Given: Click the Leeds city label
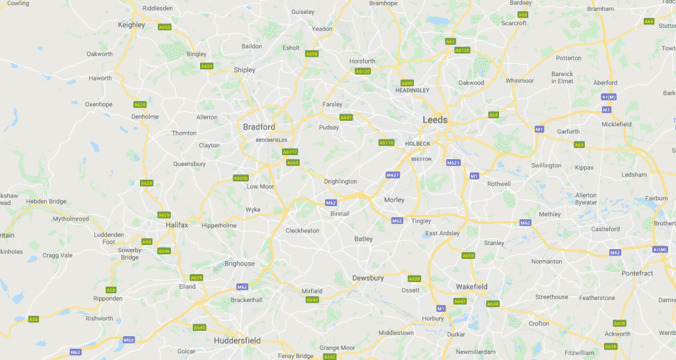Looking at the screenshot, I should pos(434,120).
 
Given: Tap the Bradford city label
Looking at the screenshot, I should pos(259,126).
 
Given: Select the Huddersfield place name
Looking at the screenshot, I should pos(237,341).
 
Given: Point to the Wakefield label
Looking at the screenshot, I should pos(471,287).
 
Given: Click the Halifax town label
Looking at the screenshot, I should pos(176,225).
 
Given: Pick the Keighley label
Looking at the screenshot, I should pos(131,24).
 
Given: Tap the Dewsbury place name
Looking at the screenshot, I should pos(368,278).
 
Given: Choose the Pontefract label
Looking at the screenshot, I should pos(636,273).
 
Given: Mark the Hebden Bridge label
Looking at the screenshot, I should pos(46,201).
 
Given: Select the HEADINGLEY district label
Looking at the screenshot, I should pos(412,90).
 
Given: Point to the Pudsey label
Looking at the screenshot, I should pos(328,127).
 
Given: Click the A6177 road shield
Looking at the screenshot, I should pos(290,152).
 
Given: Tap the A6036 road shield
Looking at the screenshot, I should pos(241,178).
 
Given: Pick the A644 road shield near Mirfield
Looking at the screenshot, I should pos(312,300).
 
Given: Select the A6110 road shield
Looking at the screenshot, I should pos(386,143).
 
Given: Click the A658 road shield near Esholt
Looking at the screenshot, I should pos(312,54).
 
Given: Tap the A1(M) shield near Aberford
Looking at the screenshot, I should pos(609,97).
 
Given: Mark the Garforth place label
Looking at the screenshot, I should pos(568,131).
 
